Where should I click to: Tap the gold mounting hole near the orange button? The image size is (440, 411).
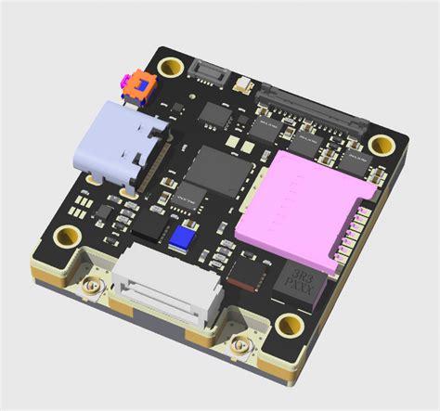click(170, 68)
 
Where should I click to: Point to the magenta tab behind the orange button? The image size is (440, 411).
click(125, 83)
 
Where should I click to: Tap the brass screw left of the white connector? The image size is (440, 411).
click(92, 289)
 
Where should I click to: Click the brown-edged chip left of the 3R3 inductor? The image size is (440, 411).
click(246, 273)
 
